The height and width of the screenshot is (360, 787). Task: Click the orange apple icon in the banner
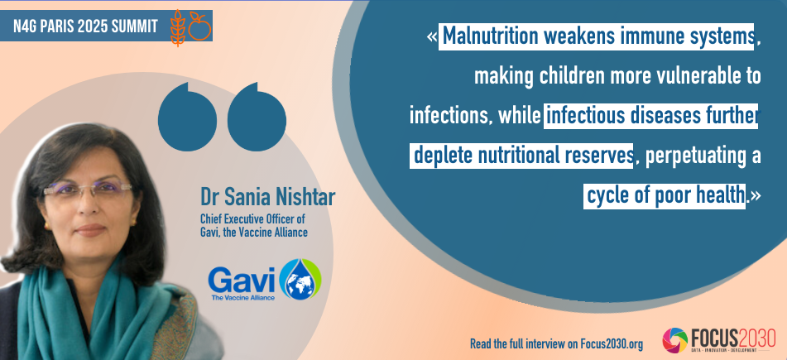pyautogui.click(x=199, y=26)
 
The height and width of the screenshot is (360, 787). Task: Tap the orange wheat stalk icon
pyautogui.click(x=178, y=27)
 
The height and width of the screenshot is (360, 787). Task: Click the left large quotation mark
pyautogui.click(x=187, y=117)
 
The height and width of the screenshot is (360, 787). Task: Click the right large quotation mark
pyautogui.click(x=257, y=117)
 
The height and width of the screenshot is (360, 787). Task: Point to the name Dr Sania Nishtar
pyautogui.click(x=267, y=197)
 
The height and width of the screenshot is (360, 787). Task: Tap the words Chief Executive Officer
pyautogui.click(x=252, y=219)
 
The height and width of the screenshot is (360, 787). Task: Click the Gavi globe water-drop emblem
pyautogui.click(x=300, y=279)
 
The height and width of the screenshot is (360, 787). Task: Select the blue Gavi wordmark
pyautogui.click(x=242, y=281)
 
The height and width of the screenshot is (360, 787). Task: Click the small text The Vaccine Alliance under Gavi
pyautogui.click(x=243, y=297)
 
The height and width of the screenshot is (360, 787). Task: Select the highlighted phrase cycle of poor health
pyautogui.click(x=665, y=196)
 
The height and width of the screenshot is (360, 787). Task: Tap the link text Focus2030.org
pyautogui.click(x=612, y=344)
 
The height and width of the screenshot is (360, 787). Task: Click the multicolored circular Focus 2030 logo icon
pyautogui.click(x=675, y=340)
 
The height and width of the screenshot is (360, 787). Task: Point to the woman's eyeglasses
pyautogui.click(x=88, y=189)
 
